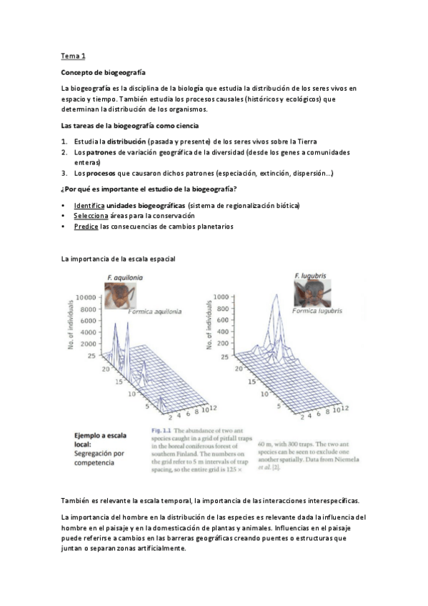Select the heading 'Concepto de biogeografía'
tap(103, 72)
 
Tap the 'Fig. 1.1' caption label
tap(163, 431)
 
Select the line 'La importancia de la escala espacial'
tap(118, 259)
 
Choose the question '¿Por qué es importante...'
tap(149, 189)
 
